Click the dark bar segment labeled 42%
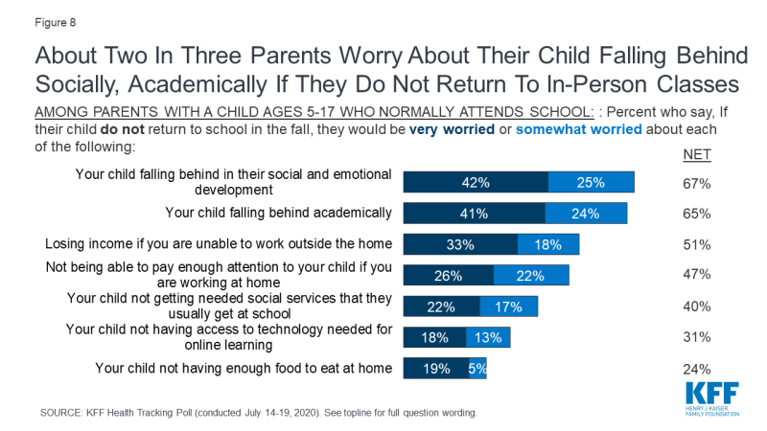[x=475, y=182]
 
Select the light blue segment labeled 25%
[x=591, y=182]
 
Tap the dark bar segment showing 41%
[x=474, y=213]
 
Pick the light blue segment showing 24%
[x=586, y=213]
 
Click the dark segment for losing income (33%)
[x=459, y=244]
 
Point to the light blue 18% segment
[x=547, y=244]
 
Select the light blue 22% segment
[x=531, y=275]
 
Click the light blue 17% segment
[x=508, y=306]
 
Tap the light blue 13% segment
[x=488, y=337]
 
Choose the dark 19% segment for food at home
[x=436, y=369]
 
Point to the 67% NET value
[x=696, y=182]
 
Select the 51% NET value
[x=696, y=244]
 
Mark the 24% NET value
[x=696, y=369]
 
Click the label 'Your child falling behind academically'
[x=279, y=213]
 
